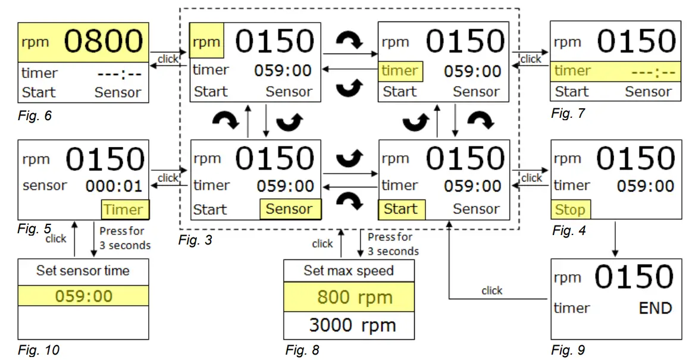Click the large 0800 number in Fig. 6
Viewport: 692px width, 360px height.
point(104,42)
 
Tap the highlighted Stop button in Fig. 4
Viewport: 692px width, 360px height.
point(570,209)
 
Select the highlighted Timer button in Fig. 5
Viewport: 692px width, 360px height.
point(124,209)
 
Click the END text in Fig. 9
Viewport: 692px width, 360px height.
point(655,308)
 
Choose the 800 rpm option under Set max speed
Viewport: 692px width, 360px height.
point(355,297)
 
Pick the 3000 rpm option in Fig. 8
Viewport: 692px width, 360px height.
point(352,325)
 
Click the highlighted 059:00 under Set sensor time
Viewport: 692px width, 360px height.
point(83,296)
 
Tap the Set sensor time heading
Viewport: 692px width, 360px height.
point(83,271)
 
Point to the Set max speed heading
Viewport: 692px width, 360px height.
point(349,271)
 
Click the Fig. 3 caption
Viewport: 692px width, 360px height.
point(195,240)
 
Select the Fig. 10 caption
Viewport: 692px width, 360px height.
point(39,350)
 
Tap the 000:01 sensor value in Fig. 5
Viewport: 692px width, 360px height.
point(114,186)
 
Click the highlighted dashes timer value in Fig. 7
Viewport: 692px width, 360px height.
point(653,72)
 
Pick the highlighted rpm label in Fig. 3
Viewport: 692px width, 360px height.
point(206,42)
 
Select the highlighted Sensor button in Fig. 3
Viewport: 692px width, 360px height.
point(289,209)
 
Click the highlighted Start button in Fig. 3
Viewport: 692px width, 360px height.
point(400,209)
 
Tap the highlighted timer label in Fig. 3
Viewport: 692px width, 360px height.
point(400,71)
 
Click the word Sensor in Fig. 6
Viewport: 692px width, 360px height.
point(118,92)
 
